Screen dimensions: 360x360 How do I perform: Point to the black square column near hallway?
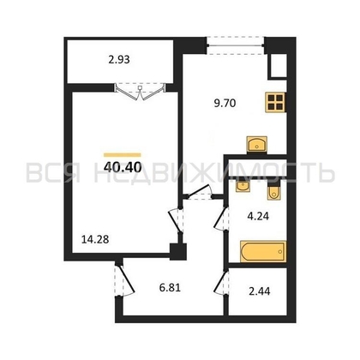pyautogui.click(x=177, y=251)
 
